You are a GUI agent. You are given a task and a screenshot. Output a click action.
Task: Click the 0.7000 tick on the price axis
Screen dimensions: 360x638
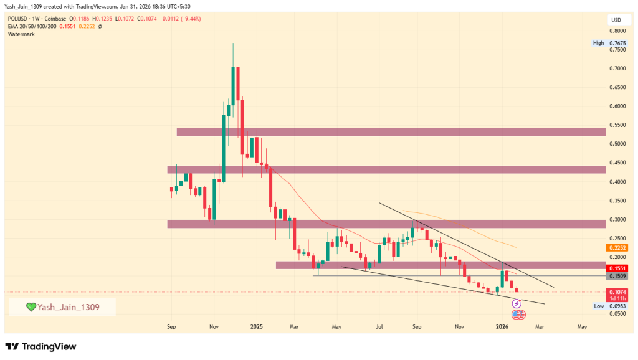617,68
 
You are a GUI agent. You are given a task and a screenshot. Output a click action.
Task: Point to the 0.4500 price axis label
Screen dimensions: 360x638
617,163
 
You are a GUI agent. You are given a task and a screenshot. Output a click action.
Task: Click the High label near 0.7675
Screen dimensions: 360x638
598,43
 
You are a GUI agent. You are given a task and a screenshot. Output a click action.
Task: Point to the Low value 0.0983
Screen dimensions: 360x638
617,306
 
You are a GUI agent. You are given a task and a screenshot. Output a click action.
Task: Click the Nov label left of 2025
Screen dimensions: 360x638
213,326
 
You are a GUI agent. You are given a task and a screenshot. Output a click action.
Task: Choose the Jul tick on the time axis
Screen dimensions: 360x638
379,326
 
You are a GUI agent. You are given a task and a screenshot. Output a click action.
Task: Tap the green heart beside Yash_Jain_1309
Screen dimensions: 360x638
31,306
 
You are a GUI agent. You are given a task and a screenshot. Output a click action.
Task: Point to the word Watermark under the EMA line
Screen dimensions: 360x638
21,34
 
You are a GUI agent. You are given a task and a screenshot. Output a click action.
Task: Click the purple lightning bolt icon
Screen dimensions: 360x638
517,303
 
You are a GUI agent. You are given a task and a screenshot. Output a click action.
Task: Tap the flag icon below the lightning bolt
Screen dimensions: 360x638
517,314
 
